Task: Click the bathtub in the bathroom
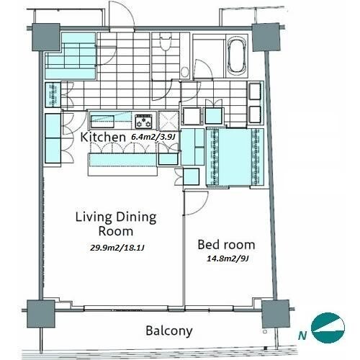238,55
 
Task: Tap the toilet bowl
166,42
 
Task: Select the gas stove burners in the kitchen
144,121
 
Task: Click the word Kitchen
103,137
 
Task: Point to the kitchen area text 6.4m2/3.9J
153,137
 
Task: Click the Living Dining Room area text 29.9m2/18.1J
117,248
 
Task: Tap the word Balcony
169,331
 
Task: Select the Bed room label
226,245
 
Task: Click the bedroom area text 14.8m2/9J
228,258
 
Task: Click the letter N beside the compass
302,336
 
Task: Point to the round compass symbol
328,328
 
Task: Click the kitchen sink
102,122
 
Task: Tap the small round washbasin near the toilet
184,72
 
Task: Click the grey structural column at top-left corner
46,37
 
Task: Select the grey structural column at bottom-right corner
275,314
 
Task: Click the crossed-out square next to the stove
168,121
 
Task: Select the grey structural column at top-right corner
266,37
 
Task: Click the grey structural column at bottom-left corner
41,314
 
